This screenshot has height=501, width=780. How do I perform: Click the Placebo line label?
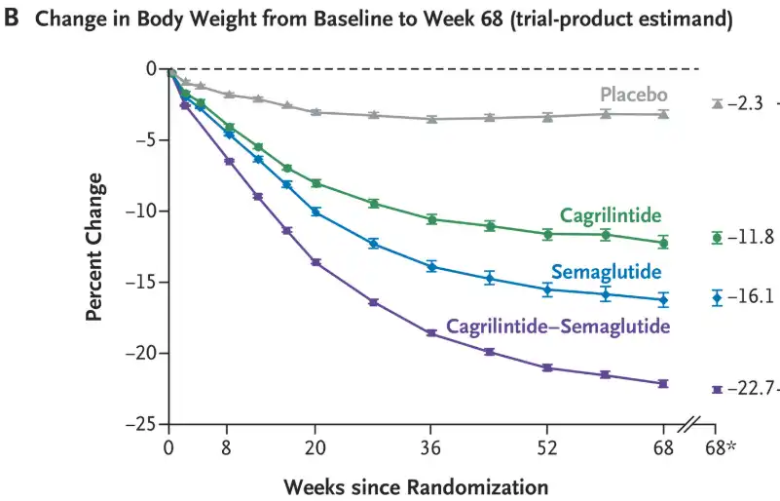[x=633, y=95]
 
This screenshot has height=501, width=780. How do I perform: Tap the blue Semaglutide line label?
[x=607, y=271]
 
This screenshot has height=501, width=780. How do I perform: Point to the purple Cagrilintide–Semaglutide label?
[x=558, y=327]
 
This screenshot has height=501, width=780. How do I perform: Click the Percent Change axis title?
[x=94, y=247]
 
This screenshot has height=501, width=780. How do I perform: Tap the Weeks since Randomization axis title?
[x=416, y=485]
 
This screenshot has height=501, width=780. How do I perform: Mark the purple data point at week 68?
[x=663, y=384]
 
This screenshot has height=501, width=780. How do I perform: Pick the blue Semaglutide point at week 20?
[x=316, y=212]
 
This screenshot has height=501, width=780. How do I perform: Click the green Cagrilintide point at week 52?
[x=547, y=234]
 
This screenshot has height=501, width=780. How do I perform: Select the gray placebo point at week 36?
[x=431, y=119]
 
